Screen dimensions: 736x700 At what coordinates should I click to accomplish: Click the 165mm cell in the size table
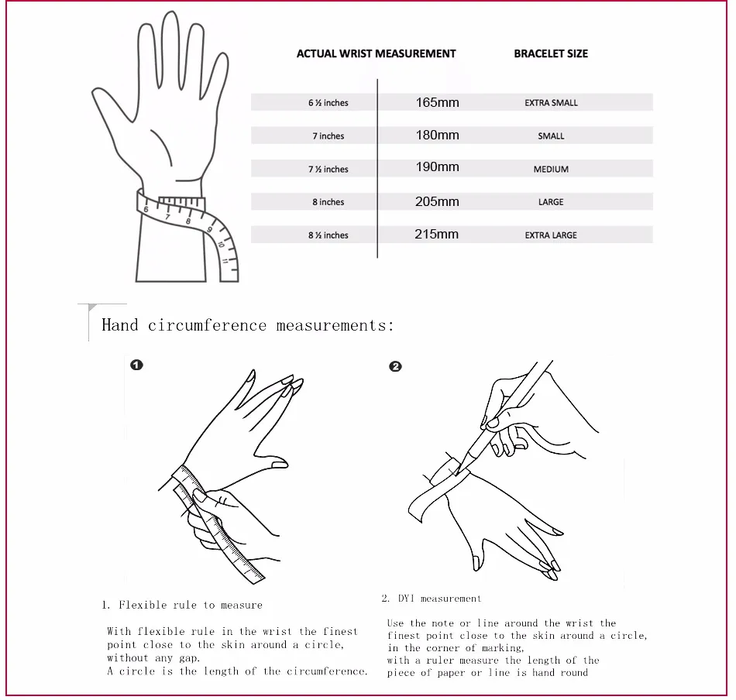(437, 102)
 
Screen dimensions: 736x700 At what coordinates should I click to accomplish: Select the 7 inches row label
(328, 136)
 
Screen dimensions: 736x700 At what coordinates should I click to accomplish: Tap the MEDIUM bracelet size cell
(551, 170)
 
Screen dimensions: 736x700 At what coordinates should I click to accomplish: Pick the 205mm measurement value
(437, 202)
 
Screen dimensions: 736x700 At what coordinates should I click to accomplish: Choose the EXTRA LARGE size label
(551, 235)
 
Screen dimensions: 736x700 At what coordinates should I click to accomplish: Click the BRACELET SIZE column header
(551, 53)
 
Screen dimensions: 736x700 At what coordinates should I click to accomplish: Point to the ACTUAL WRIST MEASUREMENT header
(376, 53)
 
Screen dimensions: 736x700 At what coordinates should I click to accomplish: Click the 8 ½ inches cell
(328, 235)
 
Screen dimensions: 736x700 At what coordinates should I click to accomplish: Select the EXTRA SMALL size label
(551, 103)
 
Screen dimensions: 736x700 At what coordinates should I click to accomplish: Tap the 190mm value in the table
(437, 167)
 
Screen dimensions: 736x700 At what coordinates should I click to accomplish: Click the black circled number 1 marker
(136, 365)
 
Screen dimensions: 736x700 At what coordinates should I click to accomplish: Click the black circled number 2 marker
(395, 366)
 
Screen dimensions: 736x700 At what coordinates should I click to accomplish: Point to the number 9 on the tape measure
(209, 229)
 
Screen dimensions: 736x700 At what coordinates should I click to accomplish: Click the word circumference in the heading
(207, 325)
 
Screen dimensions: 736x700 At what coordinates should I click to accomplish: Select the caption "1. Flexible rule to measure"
(181, 605)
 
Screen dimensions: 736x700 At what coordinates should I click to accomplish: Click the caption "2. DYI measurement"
(432, 599)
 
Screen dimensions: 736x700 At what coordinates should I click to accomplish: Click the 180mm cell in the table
(437, 135)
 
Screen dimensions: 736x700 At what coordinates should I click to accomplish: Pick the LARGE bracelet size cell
(551, 202)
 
